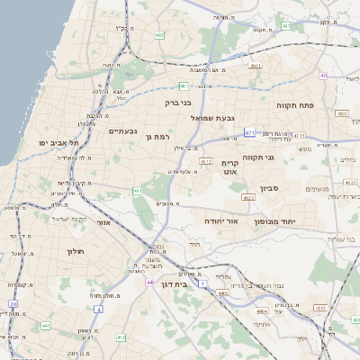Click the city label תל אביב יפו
(x=59, y=143)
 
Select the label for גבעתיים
(x=122, y=131)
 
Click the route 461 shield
(x=138, y=191)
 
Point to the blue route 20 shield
(x=13, y=304)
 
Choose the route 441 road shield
(x=45, y=326)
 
